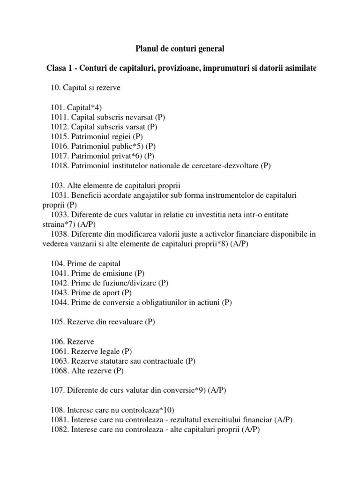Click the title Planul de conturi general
pos(180,48)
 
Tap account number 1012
pos(59,127)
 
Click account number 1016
pos(59,146)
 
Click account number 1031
pos(59,195)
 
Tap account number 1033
pos(59,215)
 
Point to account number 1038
pos(59,234)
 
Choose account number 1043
pos(59,293)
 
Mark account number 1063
pos(59,361)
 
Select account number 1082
pos(59,429)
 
